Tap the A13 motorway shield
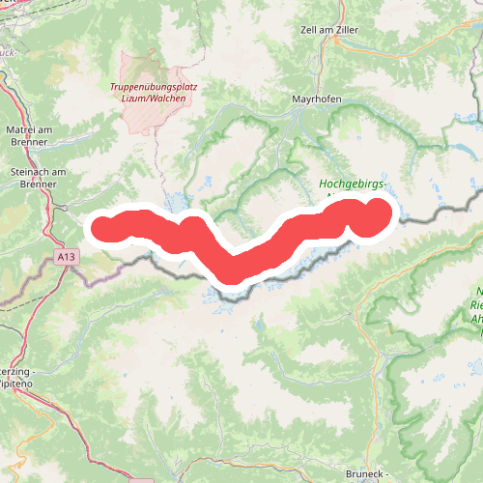pyautogui.click(x=65, y=258)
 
